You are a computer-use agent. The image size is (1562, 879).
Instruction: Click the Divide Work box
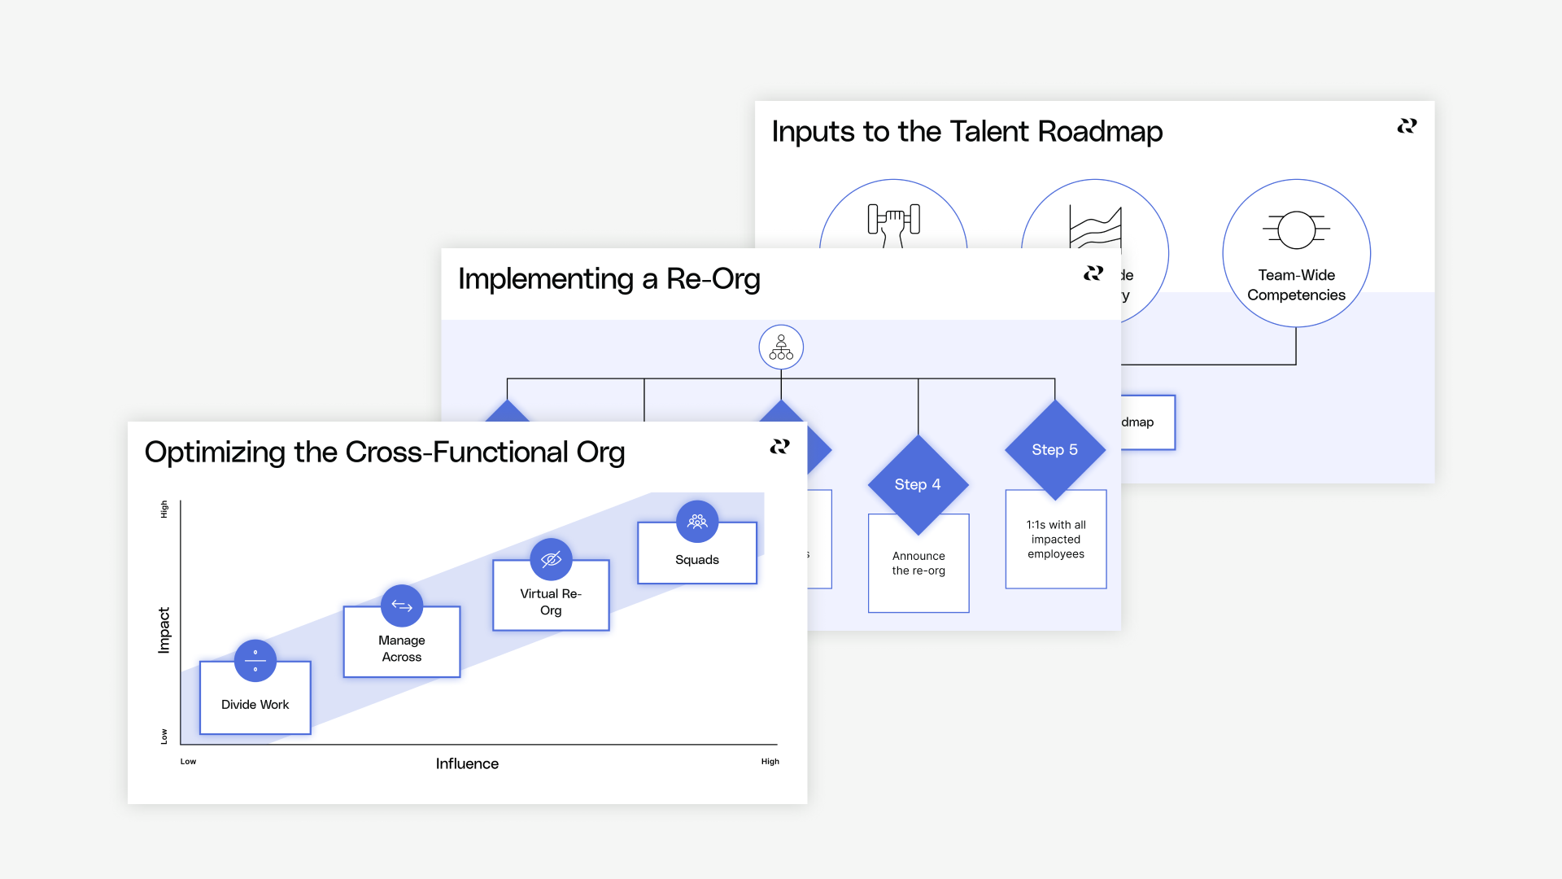pos(255,705)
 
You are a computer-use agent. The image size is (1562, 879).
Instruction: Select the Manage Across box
pos(401,649)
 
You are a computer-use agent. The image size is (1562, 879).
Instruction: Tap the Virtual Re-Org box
pos(551,602)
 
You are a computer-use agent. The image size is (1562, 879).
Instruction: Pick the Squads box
pos(696,560)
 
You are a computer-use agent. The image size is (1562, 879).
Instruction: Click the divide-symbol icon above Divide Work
pos(255,661)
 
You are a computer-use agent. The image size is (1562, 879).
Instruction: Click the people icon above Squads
pos(697,521)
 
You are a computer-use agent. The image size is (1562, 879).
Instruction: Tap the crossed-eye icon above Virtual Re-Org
pos(551,559)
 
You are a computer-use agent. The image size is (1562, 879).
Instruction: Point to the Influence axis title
pos(467,763)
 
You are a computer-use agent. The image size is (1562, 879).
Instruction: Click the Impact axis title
pos(164,630)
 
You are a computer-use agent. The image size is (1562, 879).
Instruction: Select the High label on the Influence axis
pos(770,762)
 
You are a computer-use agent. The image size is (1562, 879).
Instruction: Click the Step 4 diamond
pos(918,484)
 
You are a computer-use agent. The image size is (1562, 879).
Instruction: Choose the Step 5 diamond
pos(1054,449)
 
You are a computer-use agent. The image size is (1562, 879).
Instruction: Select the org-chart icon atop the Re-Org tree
pos(781,348)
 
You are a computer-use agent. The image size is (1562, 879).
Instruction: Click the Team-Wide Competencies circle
pos(1296,254)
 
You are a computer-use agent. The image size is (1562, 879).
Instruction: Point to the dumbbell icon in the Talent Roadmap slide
pos(893,221)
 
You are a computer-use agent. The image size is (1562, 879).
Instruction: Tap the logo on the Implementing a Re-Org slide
pos(1093,273)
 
